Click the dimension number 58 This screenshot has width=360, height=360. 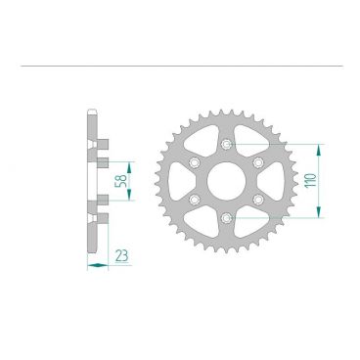[118, 181]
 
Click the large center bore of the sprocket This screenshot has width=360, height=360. [228, 181]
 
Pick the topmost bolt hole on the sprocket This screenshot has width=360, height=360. [228, 145]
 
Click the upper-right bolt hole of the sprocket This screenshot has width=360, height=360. [259, 162]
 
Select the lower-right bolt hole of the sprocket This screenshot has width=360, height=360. [259, 200]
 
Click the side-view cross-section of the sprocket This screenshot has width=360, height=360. [94, 181]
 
